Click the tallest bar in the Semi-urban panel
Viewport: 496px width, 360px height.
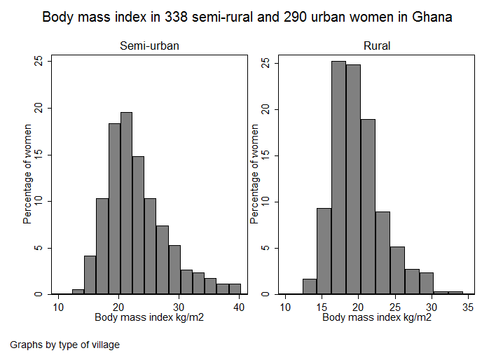[126, 203]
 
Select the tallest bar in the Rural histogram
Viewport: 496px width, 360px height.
[338, 178]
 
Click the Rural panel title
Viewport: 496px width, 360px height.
[377, 46]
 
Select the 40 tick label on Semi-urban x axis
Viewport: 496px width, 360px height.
[239, 307]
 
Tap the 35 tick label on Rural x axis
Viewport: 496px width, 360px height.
[469, 307]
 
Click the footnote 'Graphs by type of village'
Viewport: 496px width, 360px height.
[65, 345]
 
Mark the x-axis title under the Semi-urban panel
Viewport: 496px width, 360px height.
[149, 317]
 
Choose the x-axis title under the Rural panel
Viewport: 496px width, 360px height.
[377, 317]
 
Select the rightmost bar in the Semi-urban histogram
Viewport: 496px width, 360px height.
[235, 289]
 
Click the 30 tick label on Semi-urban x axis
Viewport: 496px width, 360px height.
[179, 307]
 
